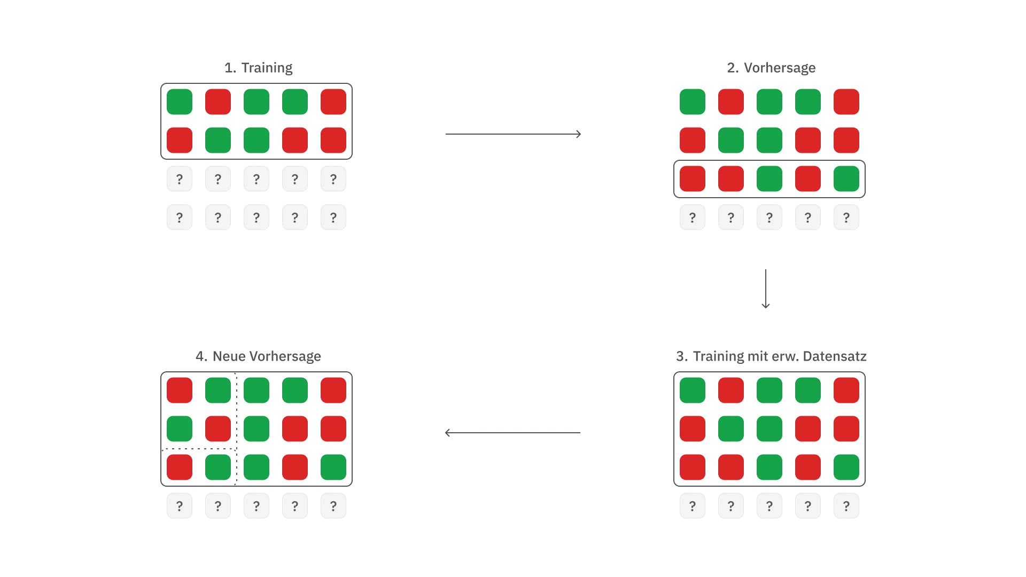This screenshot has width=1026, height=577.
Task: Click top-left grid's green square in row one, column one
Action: [180, 102]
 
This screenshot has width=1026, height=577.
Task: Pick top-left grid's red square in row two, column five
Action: [333, 140]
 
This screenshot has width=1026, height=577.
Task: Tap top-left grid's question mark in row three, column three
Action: [256, 178]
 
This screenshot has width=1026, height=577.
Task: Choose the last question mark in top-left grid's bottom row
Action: [333, 217]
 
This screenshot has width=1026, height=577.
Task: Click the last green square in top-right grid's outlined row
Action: [846, 178]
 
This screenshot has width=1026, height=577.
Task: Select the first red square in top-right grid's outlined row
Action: [693, 178]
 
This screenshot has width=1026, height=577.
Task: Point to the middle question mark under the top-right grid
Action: [770, 217]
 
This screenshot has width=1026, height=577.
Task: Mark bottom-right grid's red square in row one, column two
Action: [731, 391]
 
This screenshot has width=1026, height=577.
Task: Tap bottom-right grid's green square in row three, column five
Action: [846, 467]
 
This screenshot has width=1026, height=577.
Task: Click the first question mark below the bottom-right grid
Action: [693, 506]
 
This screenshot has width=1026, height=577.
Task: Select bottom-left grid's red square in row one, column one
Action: [180, 391]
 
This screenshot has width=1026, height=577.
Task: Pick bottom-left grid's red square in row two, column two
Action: [218, 429]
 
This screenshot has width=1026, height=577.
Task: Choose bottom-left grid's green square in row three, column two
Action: [218, 467]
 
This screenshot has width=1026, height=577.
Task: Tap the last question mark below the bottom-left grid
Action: [333, 506]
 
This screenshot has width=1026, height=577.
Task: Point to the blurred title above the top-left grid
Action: [259, 67]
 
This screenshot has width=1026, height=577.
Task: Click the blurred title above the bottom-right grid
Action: [771, 357]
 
